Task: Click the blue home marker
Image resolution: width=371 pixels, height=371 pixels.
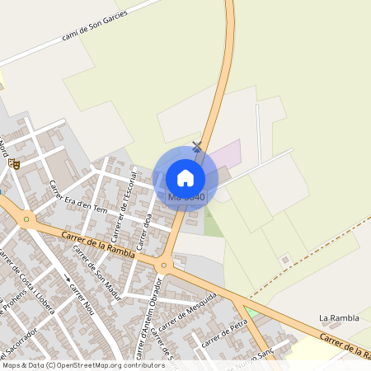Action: pos(185,177)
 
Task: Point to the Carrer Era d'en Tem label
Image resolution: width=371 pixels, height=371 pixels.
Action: pos(78,197)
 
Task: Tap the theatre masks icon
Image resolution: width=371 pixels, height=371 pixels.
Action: pos(13,163)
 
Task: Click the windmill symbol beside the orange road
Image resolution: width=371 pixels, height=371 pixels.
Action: pos(196,147)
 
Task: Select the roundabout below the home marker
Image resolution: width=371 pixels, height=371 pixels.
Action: pos(164,265)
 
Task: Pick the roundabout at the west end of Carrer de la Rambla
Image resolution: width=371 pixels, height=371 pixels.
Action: pos(27,220)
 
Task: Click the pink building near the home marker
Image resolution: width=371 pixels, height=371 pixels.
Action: pos(227,154)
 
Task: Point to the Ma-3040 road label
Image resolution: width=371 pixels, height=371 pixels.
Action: pos(186,198)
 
